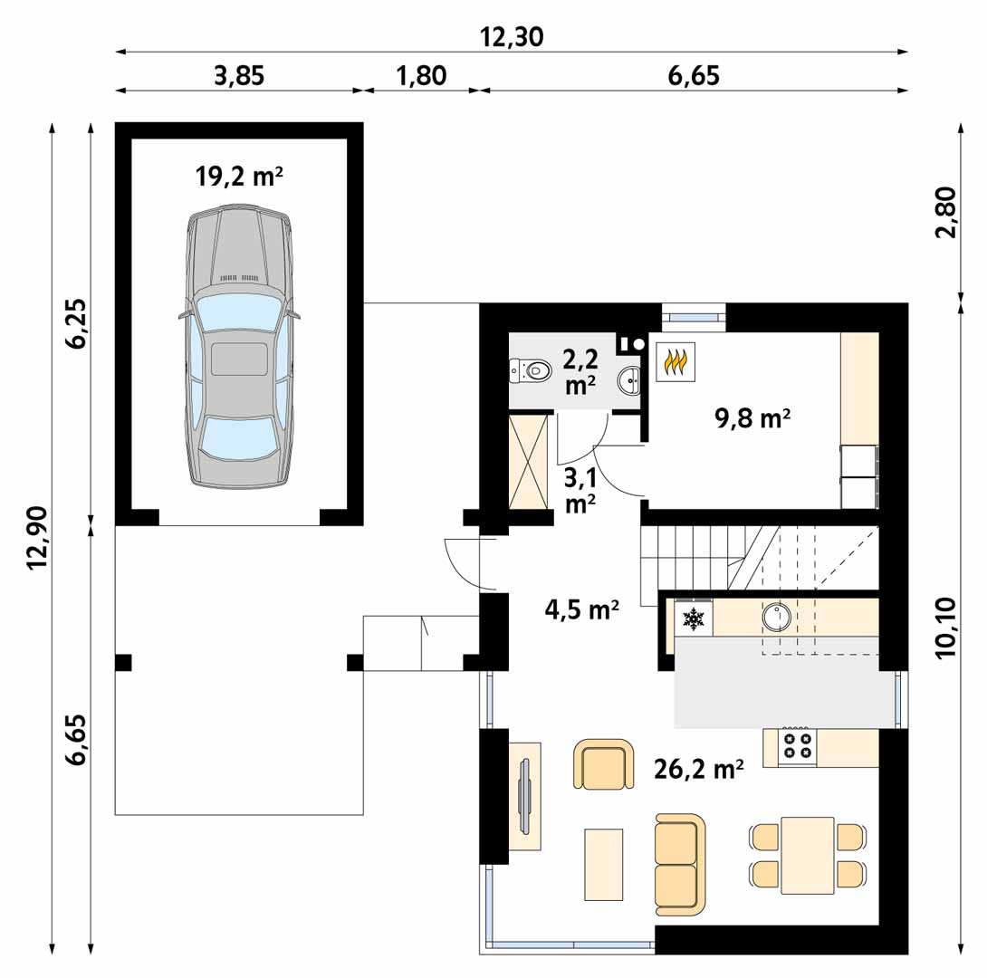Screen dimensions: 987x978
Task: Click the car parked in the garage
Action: [x=240, y=346]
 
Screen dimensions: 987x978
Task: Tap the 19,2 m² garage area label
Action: [x=239, y=177]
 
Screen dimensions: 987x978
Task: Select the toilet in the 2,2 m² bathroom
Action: [x=530, y=370]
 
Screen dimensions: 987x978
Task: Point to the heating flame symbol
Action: [x=676, y=361]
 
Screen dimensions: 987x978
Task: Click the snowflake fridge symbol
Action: [x=694, y=619]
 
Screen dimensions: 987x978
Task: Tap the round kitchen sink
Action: [x=776, y=616]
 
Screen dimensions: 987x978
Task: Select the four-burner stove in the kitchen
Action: [x=797, y=747]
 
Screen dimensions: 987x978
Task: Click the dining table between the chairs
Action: [x=808, y=855]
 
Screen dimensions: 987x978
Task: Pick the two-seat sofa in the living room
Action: [x=680, y=864]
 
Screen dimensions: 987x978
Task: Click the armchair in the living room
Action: [x=604, y=764]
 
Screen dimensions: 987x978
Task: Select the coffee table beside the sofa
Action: [x=604, y=864]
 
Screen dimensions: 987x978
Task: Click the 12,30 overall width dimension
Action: [x=512, y=38]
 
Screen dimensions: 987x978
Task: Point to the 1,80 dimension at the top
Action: [x=421, y=76]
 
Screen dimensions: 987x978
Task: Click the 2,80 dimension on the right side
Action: [x=946, y=212]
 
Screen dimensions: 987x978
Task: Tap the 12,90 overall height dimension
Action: [x=38, y=538]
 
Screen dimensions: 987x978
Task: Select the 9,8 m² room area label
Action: [x=752, y=417]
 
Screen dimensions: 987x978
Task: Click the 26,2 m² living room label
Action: [x=699, y=769]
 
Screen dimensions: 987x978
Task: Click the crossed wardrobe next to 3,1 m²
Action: [x=528, y=461]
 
